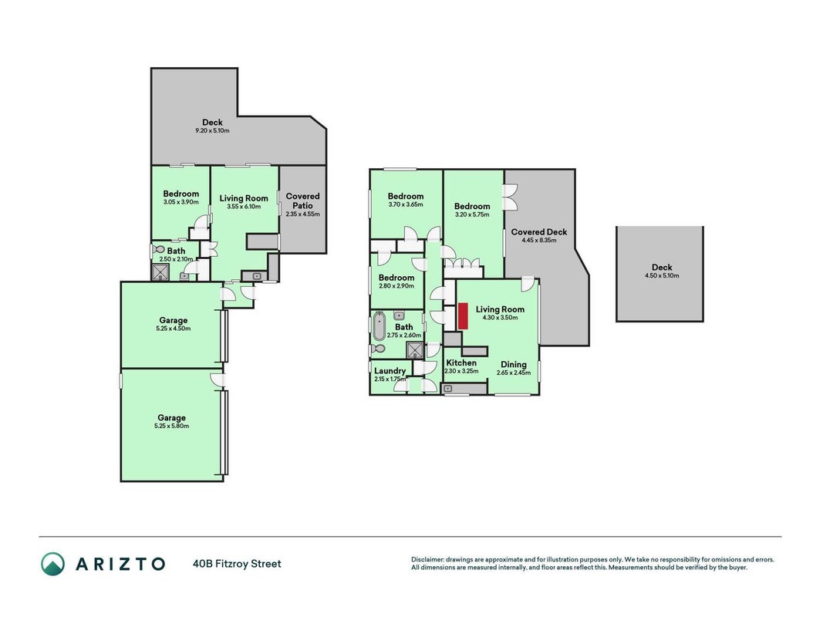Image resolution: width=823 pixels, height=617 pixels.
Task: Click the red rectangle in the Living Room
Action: click(464, 316)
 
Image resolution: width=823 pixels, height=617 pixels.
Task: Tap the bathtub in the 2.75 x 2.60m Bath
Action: click(379, 326)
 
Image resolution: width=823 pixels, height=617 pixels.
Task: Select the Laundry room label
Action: click(390, 371)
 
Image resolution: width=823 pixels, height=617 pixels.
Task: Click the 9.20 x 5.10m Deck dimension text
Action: click(213, 130)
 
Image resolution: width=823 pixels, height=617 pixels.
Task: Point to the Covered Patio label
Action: click(303, 201)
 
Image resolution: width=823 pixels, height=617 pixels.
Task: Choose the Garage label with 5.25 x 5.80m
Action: click(172, 417)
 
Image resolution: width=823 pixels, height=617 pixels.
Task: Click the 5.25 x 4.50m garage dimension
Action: click(174, 329)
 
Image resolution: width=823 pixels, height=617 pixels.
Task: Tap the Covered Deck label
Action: click(539, 232)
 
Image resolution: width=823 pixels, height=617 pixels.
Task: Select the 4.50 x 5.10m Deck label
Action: click(662, 267)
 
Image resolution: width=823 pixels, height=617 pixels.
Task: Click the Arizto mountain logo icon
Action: click(52, 564)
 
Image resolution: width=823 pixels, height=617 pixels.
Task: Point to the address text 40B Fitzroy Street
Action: click(238, 564)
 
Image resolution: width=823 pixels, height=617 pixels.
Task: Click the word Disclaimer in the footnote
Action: click(427, 560)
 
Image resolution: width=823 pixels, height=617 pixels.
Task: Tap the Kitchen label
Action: click(461, 362)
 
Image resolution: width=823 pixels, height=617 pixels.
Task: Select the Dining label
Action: click(514, 364)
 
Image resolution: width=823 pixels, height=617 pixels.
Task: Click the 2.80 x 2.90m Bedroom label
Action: click(396, 278)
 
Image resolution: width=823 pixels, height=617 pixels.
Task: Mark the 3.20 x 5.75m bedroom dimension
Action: click(472, 214)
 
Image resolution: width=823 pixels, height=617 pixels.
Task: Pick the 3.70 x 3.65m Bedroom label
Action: click(406, 196)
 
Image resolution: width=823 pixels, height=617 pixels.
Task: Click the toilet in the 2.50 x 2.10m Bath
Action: click(158, 249)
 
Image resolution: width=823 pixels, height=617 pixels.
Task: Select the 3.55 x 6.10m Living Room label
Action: click(244, 198)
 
